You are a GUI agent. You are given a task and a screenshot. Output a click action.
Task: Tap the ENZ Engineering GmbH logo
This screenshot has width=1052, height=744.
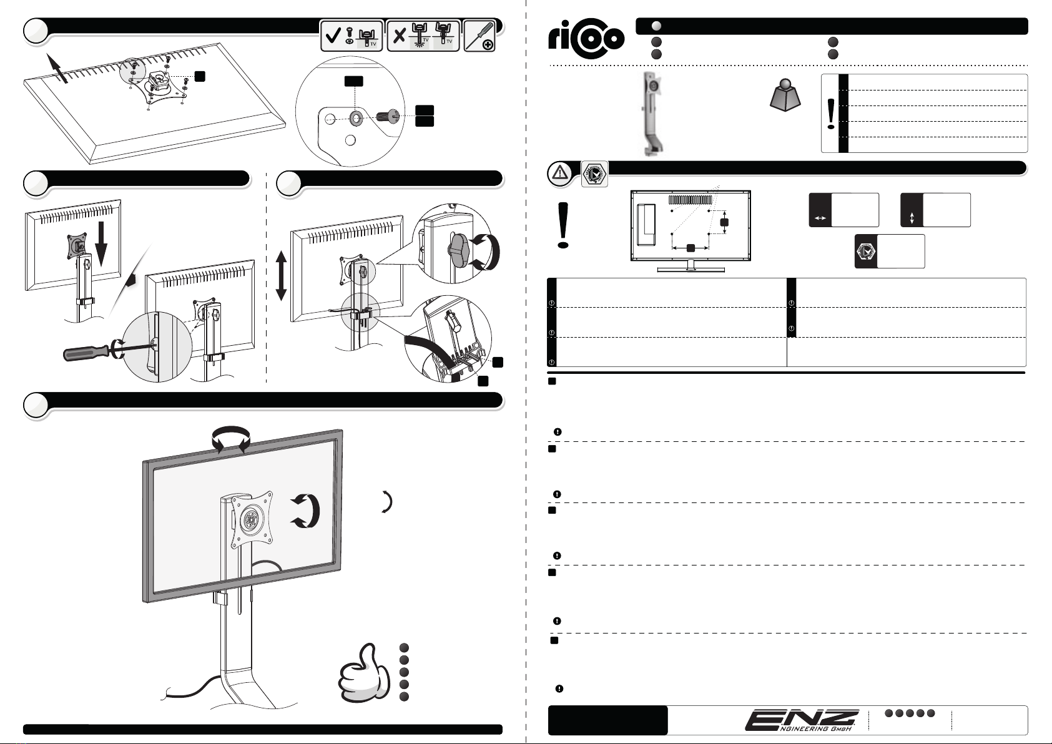point(805,720)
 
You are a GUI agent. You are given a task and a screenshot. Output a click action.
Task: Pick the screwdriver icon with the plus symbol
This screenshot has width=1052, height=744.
point(480,36)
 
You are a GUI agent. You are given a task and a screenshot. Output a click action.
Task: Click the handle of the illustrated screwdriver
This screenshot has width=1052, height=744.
point(86,351)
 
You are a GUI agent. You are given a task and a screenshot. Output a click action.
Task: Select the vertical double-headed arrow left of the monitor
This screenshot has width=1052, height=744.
point(281,275)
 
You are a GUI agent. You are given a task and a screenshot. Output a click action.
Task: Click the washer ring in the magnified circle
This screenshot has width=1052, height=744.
point(355,117)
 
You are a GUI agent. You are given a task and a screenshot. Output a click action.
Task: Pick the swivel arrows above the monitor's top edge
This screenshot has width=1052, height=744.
point(229,438)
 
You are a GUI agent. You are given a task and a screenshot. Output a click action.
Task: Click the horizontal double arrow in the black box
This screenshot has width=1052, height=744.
point(820,218)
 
